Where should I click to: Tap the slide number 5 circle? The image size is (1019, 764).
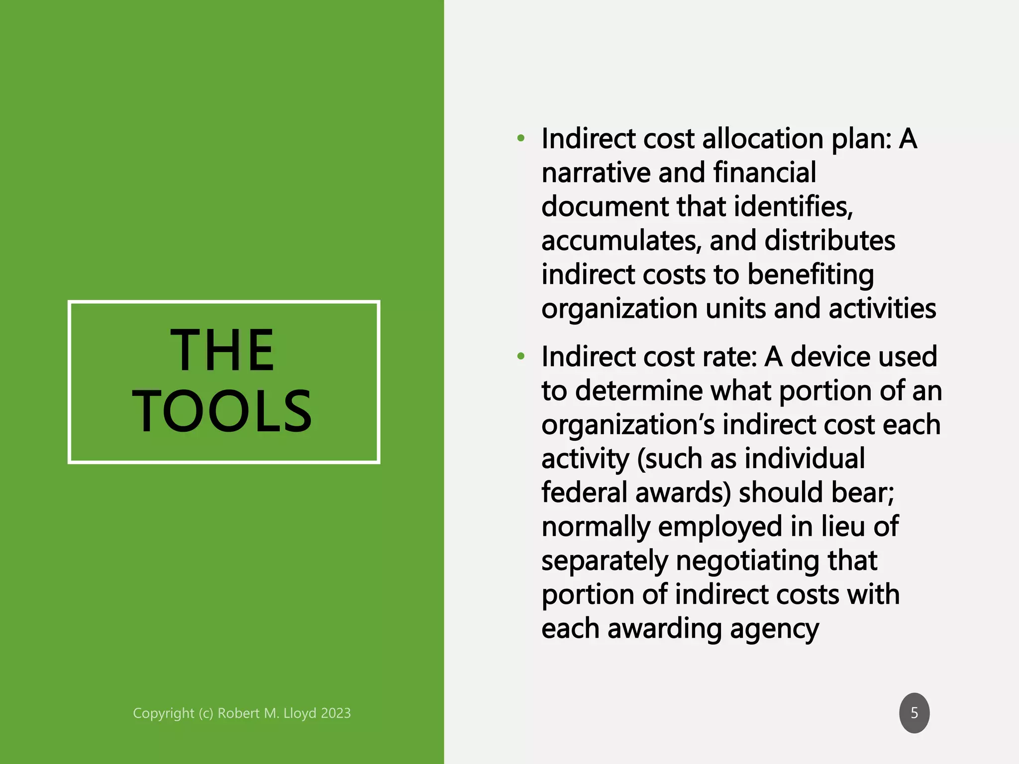click(x=914, y=713)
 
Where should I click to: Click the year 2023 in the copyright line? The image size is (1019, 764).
click(x=335, y=713)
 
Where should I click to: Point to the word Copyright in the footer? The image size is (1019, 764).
click(x=163, y=713)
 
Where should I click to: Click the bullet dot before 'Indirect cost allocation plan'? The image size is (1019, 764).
click(x=520, y=138)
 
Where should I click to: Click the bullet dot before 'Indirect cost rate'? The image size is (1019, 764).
click(x=520, y=356)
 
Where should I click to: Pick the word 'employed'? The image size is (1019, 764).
click(x=719, y=527)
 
